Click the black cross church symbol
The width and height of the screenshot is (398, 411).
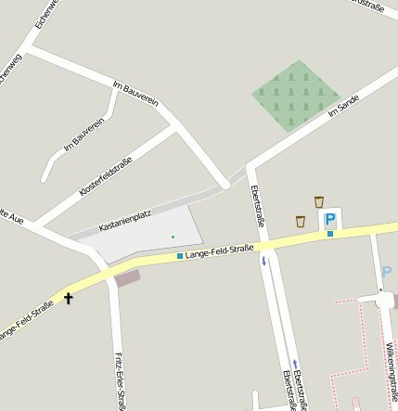68,298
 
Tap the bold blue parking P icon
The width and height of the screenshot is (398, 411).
329,220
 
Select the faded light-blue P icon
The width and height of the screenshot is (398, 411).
386,273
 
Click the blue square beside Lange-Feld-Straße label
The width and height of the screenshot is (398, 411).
180,255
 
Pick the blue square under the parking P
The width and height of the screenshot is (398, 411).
329,234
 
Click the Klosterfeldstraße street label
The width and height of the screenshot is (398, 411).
106,175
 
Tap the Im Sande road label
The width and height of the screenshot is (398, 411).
343,108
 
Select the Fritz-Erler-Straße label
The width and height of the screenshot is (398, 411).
120,381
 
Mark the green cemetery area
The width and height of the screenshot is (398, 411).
296,96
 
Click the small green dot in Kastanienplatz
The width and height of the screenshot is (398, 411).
173,238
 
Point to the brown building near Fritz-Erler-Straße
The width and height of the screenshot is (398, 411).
126,276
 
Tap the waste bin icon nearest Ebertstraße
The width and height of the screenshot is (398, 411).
300,221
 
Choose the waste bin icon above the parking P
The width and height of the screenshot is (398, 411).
319,201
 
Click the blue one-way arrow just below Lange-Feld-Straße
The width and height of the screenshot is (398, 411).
263,261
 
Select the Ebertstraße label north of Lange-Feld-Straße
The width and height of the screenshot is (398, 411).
259,205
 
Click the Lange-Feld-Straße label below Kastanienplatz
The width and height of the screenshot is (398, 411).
220,250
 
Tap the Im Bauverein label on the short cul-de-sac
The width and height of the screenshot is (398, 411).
83,135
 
